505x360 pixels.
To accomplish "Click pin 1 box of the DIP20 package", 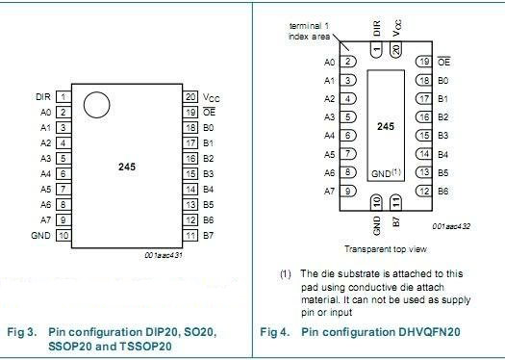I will (63, 96).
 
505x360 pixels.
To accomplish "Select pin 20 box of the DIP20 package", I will (190, 96).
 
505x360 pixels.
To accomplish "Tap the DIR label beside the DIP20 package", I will (41, 96).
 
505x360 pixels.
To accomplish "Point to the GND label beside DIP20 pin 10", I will (40, 235).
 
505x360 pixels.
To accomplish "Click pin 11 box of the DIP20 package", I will (190, 235).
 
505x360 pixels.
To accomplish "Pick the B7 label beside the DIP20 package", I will (209, 235).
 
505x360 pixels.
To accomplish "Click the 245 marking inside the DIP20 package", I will (127, 167).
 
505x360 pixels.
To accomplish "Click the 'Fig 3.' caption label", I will (22, 332).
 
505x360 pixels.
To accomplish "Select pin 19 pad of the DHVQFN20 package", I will (422, 62).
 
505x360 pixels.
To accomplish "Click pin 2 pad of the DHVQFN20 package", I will (349, 62).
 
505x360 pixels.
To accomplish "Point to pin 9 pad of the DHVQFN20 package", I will (349, 191).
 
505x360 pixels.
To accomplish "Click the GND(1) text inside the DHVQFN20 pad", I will (386, 173).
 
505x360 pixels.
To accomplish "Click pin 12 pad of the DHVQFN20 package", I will (422, 191).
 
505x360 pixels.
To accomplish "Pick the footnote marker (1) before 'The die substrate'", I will (286, 274).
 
